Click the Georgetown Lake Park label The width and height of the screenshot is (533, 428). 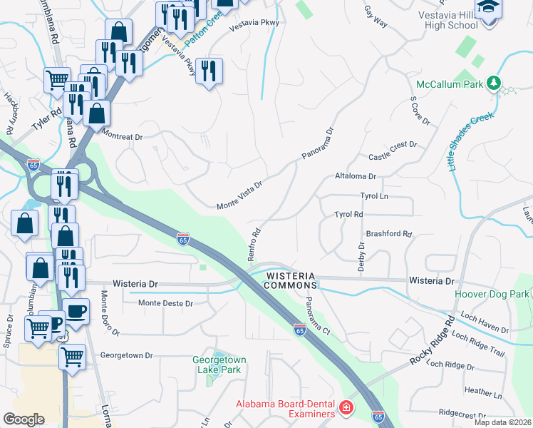(217, 365)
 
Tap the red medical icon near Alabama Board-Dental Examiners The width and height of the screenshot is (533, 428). (346, 407)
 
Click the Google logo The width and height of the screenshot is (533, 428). (24, 419)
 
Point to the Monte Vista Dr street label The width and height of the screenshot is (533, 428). (240, 195)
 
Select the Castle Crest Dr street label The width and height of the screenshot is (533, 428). (392, 151)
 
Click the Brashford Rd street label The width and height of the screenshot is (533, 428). (389, 233)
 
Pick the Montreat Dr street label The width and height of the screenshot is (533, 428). (122, 135)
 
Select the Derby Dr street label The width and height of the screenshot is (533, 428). (361, 255)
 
